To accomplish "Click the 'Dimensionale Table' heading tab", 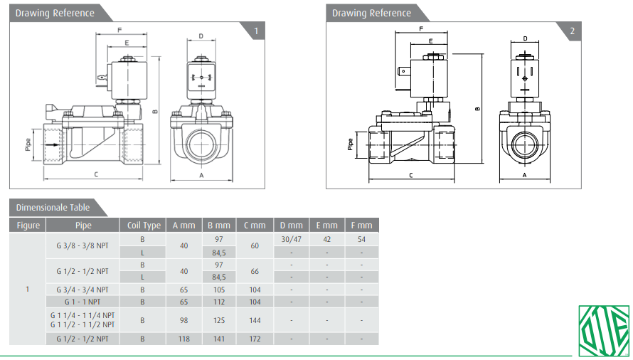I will pyautogui.click(x=53, y=207).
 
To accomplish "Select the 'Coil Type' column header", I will pyautogui.click(x=143, y=226).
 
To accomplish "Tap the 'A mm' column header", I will pyautogui.click(x=183, y=226).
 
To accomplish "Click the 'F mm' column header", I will pyautogui.click(x=361, y=226).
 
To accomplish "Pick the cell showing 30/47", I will pyautogui.click(x=291, y=240).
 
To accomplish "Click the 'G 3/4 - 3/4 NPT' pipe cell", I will pyautogui.click(x=83, y=290).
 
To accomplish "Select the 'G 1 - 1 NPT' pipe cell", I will pyautogui.click(x=83, y=302).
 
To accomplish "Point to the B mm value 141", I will pyautogui.click(x=219, y=339).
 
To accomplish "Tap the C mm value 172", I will pyautogui.click(x=255, y=339).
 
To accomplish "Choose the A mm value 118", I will pyautogui.click(x=183, y=339).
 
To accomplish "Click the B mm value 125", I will pyautogui.click(x=219, y=320).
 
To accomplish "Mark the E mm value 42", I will pyautogui.click(x=326, y=240).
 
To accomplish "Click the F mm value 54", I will pyautogui.click(x=361, y=240).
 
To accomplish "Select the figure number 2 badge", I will pyautogui.click(x=572, y=31).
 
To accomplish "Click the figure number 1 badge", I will pyautogui.click(x=255, y=31).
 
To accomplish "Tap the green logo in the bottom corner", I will pyautogui.click(x=603, y=331).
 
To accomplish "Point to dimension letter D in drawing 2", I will pyautogui.click(x=525, y=38).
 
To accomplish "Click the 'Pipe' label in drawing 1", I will pyautogui.click(x=28, y=144).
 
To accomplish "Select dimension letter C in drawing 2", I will pyautogui.click(x=410, y=174).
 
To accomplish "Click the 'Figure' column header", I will pyautogui.click(x=28, y=226).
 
